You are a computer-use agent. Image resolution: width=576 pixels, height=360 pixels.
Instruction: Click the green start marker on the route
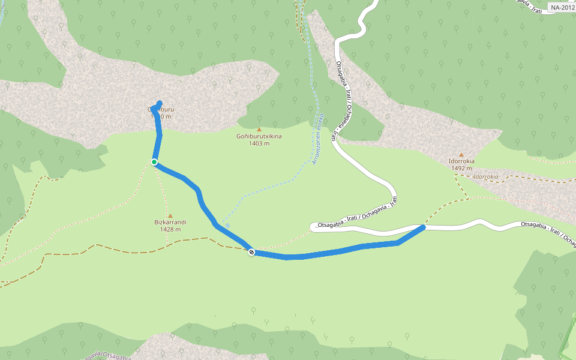tap(154, 162)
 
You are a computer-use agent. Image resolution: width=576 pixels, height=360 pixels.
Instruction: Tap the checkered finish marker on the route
tap(251, 252)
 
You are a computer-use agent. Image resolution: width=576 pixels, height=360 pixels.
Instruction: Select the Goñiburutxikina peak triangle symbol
tap(259, 130)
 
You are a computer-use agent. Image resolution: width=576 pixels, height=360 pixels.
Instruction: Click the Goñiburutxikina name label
tap(259, 136)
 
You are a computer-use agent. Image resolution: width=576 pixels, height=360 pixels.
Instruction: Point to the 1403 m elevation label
tap(259, 143)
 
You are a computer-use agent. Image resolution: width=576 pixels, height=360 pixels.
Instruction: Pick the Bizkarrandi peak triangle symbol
tap(170, 216)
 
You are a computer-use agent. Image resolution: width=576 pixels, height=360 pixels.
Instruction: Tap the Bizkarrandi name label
tap(170, 222)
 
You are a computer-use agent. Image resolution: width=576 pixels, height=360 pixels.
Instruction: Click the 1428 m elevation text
tap(170, 229)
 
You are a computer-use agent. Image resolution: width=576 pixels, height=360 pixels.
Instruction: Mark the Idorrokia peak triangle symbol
tap(461, 155)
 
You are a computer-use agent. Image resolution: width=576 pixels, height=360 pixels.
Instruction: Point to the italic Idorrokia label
tap(486, 177)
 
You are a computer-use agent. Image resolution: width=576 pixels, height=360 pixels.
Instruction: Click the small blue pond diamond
tap(227, 225)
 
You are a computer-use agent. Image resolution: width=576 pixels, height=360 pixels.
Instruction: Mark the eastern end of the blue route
tap(423, 227)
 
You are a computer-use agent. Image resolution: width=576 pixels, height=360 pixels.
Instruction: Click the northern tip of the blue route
tap(160, 103)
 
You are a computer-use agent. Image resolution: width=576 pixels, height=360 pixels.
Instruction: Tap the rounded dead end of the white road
tap(313, 227)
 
